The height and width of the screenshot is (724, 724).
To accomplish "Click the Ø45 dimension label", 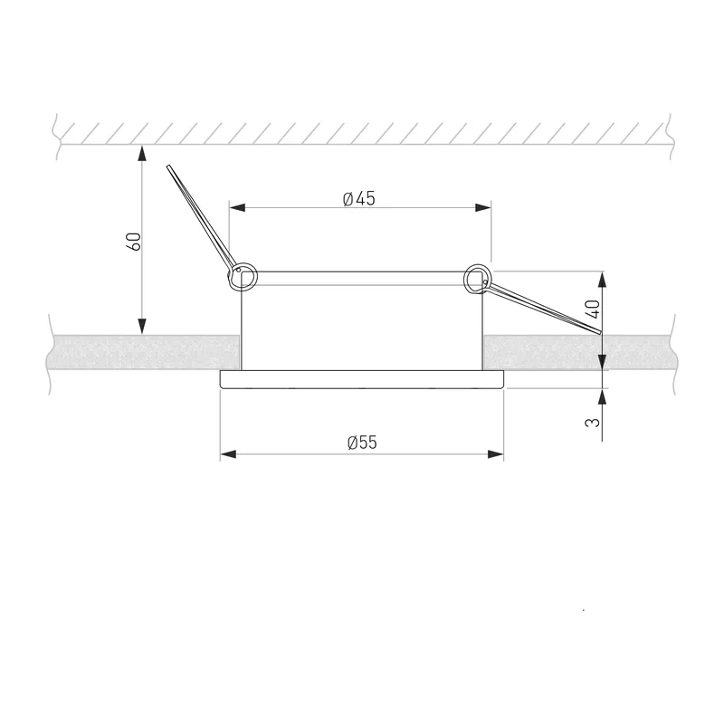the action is click(x=359, y=198).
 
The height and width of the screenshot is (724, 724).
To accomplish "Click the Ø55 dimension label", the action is click(x=362, y=443).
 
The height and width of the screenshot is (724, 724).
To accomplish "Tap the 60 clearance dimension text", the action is click(x=133, y=242).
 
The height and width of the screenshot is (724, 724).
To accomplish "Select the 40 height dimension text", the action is click(x=594, y=309).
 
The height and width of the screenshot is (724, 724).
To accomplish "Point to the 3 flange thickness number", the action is click(x=593, y=422).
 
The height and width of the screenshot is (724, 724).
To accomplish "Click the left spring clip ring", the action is click(x=243, y=277).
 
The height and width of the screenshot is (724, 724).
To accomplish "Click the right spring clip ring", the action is click(x=479, y=279).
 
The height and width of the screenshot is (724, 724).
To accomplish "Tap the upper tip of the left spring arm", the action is click(x=168, y=167).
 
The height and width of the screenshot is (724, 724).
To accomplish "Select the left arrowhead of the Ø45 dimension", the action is click(x=237, y=207).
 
